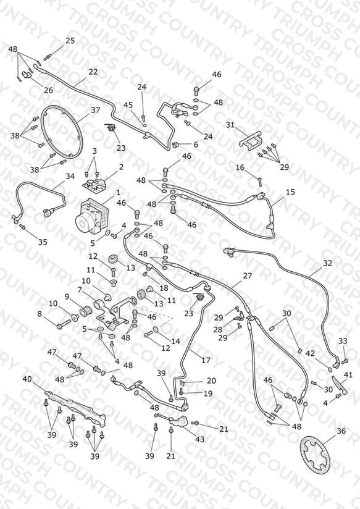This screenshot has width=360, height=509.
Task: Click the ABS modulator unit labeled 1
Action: coord(92,216)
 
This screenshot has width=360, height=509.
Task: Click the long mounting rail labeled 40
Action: coord(75,408)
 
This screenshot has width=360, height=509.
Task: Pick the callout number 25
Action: coord(70,41)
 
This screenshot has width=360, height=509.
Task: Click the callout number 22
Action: coord(93,72)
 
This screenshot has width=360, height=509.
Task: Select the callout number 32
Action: coord(327,263)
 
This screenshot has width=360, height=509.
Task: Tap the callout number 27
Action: coord(248,276)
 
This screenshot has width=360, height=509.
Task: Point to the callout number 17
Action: coord(206,360)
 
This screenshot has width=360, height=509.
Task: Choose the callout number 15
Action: coord(291,192)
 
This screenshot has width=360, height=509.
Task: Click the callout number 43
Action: coord(200,439)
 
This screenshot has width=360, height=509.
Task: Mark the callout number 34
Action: coord(70,176)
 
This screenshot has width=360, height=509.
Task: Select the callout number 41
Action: coord(348,375)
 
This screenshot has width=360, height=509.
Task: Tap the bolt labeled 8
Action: coord(64,324)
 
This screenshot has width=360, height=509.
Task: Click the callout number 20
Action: coord(211,381)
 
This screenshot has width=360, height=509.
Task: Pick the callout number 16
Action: coord(240,167)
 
